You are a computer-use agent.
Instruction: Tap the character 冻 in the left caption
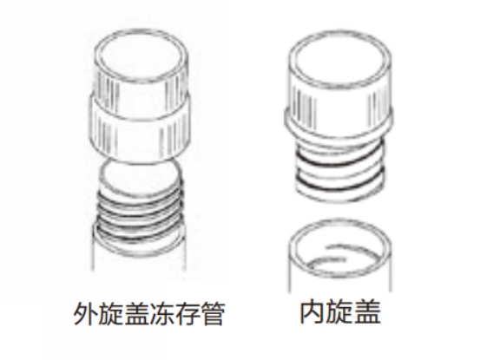(162, 313)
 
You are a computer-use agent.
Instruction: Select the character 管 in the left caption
(213, 313)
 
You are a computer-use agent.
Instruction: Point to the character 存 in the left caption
(187, 313)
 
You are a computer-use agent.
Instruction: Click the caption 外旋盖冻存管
(149, 313)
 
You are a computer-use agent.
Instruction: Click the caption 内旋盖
(340, 311)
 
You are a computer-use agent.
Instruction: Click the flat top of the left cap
(141, 56)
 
